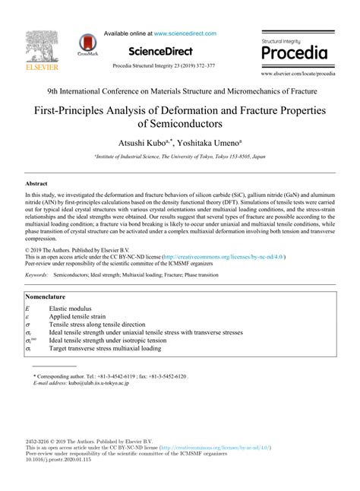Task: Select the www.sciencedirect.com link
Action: pyautogui.click(x=185, y=34)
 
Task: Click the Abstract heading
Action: pyautogui.click(x=36, y=184)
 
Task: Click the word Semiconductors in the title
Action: pyautogui.click(x=180, y=122)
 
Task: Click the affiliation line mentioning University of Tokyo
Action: pyautogui.click(x=179, y=155)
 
